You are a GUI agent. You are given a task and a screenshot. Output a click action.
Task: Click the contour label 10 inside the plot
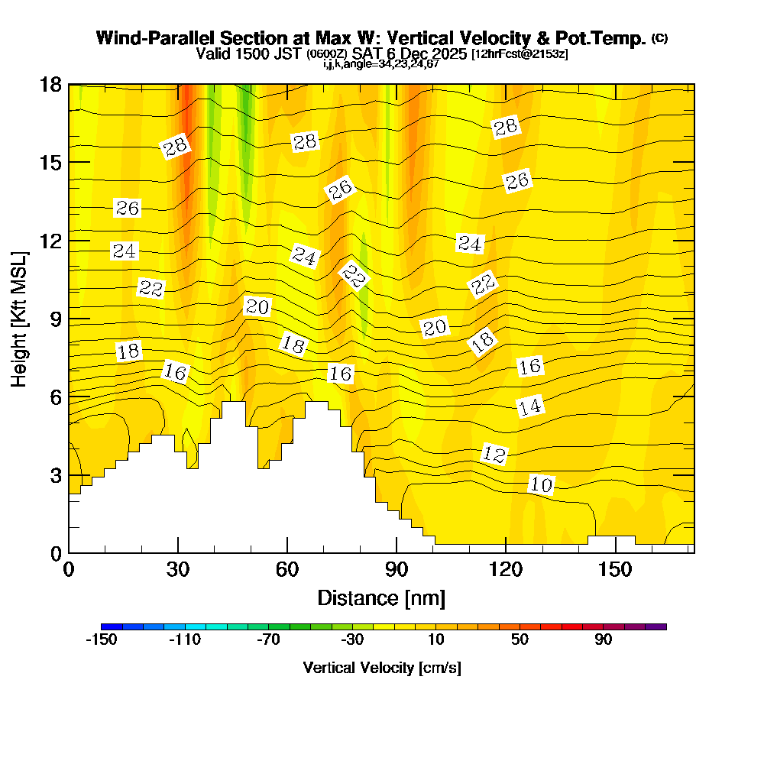(x=541, y=484)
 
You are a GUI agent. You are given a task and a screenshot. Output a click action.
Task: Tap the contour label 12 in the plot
(x=494, y=455)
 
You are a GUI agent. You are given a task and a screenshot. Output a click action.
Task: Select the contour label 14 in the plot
(x=529, y=406)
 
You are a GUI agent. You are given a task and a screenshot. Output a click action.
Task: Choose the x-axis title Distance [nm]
(x=381, y=597)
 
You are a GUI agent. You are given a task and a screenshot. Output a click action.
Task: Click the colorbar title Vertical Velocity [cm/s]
(x=381, y=668)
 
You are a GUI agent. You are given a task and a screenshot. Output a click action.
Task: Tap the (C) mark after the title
(x=659, y=37)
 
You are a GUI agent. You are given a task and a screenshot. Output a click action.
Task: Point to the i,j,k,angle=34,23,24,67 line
(x=380, y=64)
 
